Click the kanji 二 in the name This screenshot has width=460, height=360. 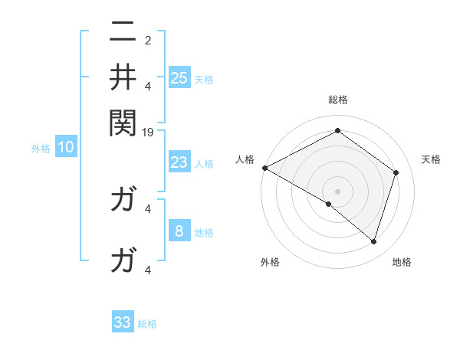(123, 33)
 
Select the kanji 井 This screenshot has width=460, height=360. (123, 77)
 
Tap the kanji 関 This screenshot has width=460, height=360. (123, 121)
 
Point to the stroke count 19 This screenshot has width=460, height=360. (149, 132)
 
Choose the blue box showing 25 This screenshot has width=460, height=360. (179, 78)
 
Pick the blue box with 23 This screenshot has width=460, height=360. (179, 162)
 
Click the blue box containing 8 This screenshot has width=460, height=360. (179, 231)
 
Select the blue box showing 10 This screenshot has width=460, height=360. (66, 148)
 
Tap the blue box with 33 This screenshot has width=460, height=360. (123, 322)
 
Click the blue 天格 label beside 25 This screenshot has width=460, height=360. (204, 80)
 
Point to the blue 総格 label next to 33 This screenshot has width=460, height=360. (147, 324)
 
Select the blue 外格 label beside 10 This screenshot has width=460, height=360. (41, 149)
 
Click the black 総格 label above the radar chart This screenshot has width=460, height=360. (337, 100)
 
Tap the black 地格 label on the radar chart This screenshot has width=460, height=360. (402, 263)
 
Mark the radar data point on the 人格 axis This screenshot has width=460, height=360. (264, 168)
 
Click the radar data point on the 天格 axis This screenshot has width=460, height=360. (396, 172)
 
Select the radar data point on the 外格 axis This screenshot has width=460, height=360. (329, 204)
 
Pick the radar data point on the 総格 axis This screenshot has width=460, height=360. (337, 131)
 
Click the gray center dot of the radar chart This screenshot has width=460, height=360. (337, 191)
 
